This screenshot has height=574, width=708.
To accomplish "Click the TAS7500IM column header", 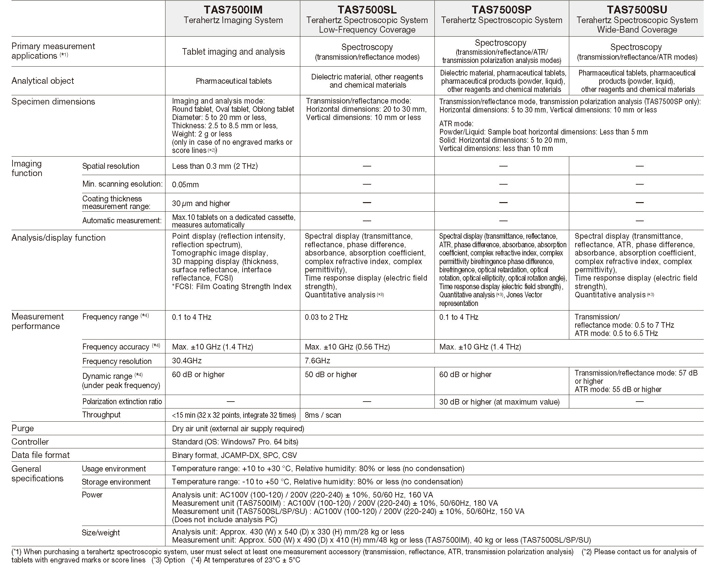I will pos(233,9).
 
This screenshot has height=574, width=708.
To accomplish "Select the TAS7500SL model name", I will pos(367,9).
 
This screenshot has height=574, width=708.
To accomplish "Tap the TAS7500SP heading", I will pos(501,9).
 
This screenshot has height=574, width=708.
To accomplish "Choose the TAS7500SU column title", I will pos(637,9).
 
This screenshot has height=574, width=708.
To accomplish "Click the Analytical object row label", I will pos(43,81).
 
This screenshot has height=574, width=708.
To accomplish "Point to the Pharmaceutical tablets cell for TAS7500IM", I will pos(233,81).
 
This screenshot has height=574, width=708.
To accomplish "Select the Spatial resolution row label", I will pos(111,166).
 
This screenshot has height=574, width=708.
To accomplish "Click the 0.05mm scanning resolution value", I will pos(186,185).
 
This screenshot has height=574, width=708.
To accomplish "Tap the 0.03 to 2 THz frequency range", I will pos(326,317).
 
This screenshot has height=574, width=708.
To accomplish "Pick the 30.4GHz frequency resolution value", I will pos(187,361).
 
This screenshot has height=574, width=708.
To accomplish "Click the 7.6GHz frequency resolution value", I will pos(317,361).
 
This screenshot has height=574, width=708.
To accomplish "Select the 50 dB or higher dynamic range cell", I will pos(331,375).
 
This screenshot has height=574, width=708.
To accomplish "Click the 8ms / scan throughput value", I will pos(323,415).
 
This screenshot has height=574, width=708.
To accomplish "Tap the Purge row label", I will pos(22,428).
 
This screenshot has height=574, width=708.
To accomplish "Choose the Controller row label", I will pos(30,442).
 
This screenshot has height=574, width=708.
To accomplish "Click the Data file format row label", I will pos(41,455).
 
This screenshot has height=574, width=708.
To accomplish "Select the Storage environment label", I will pos(116,482).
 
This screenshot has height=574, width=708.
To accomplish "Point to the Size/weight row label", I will pos(101,533).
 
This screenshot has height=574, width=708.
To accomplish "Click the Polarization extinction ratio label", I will pos(122,401).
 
